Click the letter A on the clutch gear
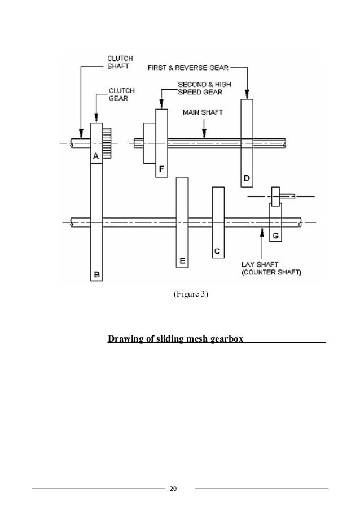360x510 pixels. click(x=96, y=155)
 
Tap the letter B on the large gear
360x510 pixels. click(x=97, y=275)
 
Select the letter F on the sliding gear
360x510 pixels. click(x=161, y=168)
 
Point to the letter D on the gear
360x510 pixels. click(x=247, y=179)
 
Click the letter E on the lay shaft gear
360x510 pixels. click(x=182, y=260)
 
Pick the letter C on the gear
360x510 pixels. click(x=216, y=250)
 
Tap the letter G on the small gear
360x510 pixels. click(x=275, y=234)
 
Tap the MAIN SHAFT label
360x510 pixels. click(x=203, y=112)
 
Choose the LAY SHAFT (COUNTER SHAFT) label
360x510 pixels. click(x=271, y=267)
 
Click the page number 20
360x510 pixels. click(x=174, y=488)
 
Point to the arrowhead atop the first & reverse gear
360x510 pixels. click(x=247, y=95)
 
